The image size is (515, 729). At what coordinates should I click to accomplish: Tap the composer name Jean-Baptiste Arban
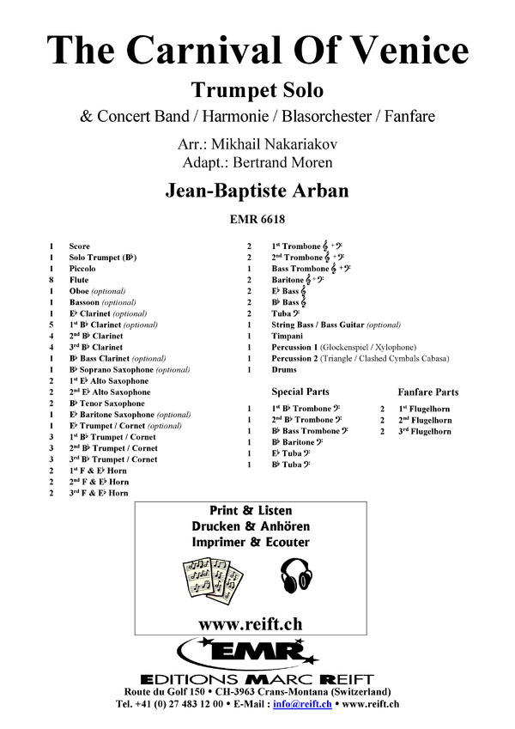(257, 191)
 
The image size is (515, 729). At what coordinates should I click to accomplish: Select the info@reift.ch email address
(315, 705)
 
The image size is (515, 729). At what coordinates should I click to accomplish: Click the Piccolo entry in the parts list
(82, 269)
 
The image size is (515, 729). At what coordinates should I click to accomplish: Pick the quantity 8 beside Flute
(53, 280)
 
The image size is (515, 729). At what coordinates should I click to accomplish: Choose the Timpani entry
(288, 336)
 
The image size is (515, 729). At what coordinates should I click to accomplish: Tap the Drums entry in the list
(284, 369)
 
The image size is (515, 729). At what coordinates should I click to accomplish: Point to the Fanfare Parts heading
(428, 392)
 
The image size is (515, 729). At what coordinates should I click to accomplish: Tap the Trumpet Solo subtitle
(257, 88)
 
